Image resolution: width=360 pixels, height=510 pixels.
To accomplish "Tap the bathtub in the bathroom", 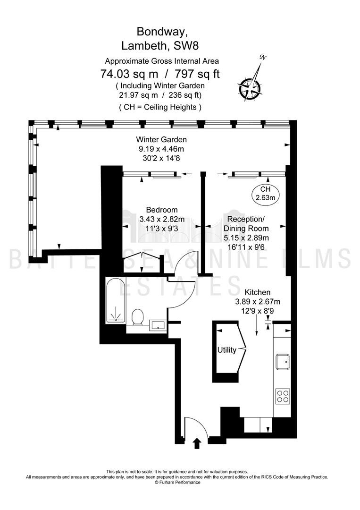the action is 115,300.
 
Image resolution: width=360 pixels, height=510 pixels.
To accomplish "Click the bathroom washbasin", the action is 158,325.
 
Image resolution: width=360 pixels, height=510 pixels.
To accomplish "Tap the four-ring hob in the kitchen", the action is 282,396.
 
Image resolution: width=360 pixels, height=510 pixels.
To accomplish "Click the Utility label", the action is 227,350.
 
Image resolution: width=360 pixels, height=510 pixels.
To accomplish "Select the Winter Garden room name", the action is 161,139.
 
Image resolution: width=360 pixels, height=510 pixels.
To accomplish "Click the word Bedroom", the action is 162,210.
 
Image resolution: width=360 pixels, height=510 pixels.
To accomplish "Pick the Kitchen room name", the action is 257,292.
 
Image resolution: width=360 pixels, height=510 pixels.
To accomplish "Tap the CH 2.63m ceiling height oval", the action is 266,193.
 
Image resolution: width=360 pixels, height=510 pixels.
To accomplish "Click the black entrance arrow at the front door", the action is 197,443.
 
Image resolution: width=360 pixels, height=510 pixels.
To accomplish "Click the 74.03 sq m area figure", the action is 129,74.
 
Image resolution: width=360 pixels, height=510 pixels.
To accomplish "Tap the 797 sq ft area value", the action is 197,74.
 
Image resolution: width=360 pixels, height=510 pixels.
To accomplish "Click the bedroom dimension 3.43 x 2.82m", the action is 162,219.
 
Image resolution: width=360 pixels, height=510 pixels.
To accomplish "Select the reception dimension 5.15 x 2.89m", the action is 246,238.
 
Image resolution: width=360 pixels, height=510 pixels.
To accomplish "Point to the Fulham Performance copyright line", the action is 177,482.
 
